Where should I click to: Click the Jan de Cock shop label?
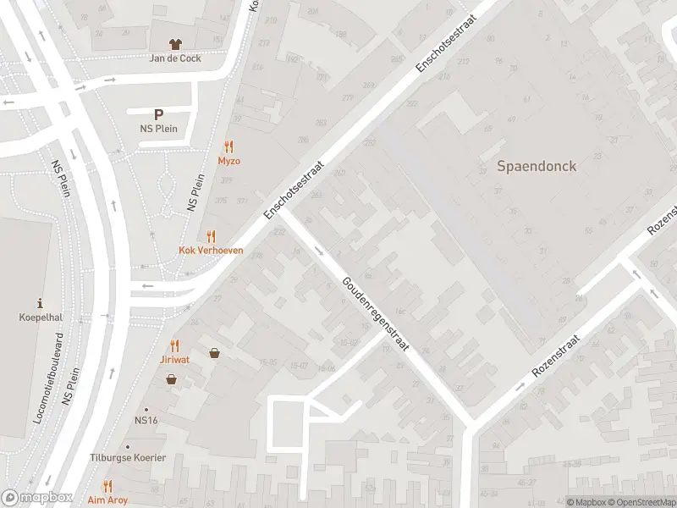[x=175, y=58]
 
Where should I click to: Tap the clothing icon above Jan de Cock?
[x=175, y=44]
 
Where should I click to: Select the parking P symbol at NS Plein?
[x=157, y=114]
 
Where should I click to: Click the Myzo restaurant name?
[x=228, y=161]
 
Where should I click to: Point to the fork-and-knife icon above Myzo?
[x=228, y=146]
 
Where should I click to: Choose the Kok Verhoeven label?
[x=211, y=251]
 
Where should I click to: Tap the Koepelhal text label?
[x=41, y=317]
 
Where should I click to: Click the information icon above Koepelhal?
[x=41, y=303]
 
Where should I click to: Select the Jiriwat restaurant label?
[x=175, y=359]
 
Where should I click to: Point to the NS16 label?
[x=146, y=420]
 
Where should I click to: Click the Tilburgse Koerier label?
[x=128, y=458]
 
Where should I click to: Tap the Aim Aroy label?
[x=107, y=500]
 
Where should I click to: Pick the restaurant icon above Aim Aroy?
[x=107, y=486]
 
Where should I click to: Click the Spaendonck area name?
[x=536, y=166]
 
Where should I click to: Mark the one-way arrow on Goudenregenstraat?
[x=319, y=251]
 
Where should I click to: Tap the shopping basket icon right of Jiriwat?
[x=215, y=353]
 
